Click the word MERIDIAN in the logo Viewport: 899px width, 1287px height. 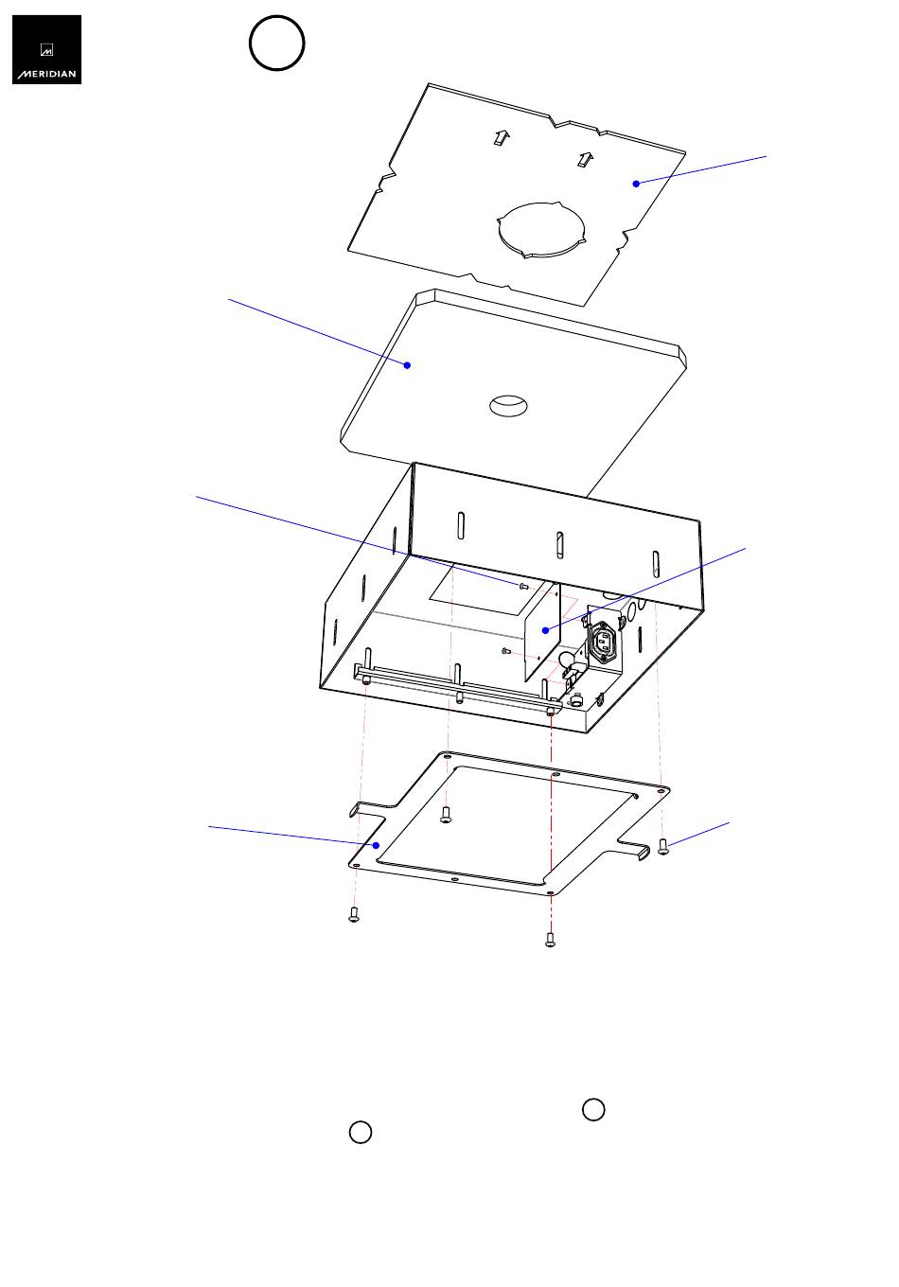pyautogui.click(x=46, y=74)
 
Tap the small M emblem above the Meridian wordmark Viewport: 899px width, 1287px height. pyautogui.click(x=46, y=50)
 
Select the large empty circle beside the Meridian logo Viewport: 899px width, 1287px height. pyautogui.click(x=276, y=44)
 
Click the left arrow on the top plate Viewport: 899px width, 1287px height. pyautogui.click(x=502, y=137)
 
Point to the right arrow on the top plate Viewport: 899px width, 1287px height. pyautogui.click(x=586, y=159)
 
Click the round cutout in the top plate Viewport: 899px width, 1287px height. pyautogui.click(x=541, y=230)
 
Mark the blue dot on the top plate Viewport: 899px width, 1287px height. pyautogui.click(x=636, y=184)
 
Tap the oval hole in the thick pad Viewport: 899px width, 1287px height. pyautogui.click(x=508, y=405)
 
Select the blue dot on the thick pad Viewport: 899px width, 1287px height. pyautogui.click(x=407, y=365)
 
